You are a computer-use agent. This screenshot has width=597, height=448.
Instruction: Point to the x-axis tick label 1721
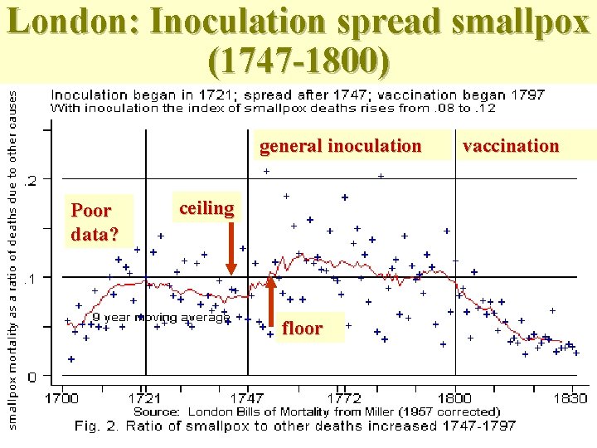coord(145,399)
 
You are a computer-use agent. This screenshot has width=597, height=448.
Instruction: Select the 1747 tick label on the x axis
coord(247,399)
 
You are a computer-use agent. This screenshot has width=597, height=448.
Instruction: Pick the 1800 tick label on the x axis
coord(455,399)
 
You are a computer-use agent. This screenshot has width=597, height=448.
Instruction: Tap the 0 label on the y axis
coord(32,377)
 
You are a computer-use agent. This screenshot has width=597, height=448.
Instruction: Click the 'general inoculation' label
coord(340,146)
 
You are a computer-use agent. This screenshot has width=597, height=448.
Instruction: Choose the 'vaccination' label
coord(511,146)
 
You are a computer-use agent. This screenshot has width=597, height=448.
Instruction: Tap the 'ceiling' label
coord(206,207)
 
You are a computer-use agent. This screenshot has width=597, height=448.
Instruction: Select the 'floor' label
coord(302,329)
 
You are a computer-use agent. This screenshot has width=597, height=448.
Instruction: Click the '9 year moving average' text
coord(160,317)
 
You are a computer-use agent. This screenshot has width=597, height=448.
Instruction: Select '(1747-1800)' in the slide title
coord(298,60)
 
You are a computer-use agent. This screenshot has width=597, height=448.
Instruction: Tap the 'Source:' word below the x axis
coord(157,411)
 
